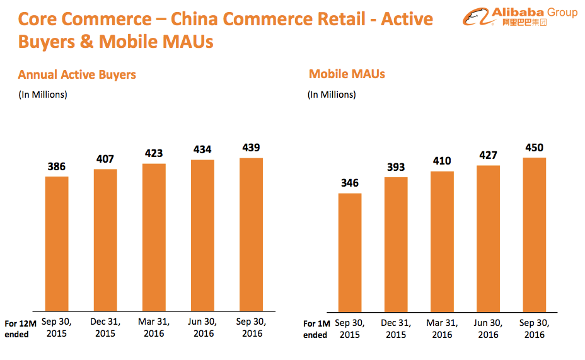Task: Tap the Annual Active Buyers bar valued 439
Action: (x=251, y=234)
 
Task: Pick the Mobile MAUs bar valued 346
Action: (x=350, y=252)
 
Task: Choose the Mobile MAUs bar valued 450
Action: (x=534, y=235)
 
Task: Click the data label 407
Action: (x=105, y=160)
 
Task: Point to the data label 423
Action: (x=154, y=153)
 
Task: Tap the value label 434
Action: (x=202, y=150)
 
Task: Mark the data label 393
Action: (x=396, y=168)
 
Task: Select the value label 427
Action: (x=488, y=156)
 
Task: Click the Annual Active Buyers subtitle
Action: (x=77, y=75)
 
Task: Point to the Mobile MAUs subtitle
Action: (x=347, y=74)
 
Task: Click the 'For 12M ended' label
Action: (x=20, y=328)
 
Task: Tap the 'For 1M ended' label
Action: (x=317, y=329)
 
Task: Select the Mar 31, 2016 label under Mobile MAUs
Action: (x=442, y=328)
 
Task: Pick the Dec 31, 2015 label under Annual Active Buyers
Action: (x=106, y=327)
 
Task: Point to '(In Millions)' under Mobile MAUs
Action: (x=332, y=95)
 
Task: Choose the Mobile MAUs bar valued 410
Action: (x=442, y=241)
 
